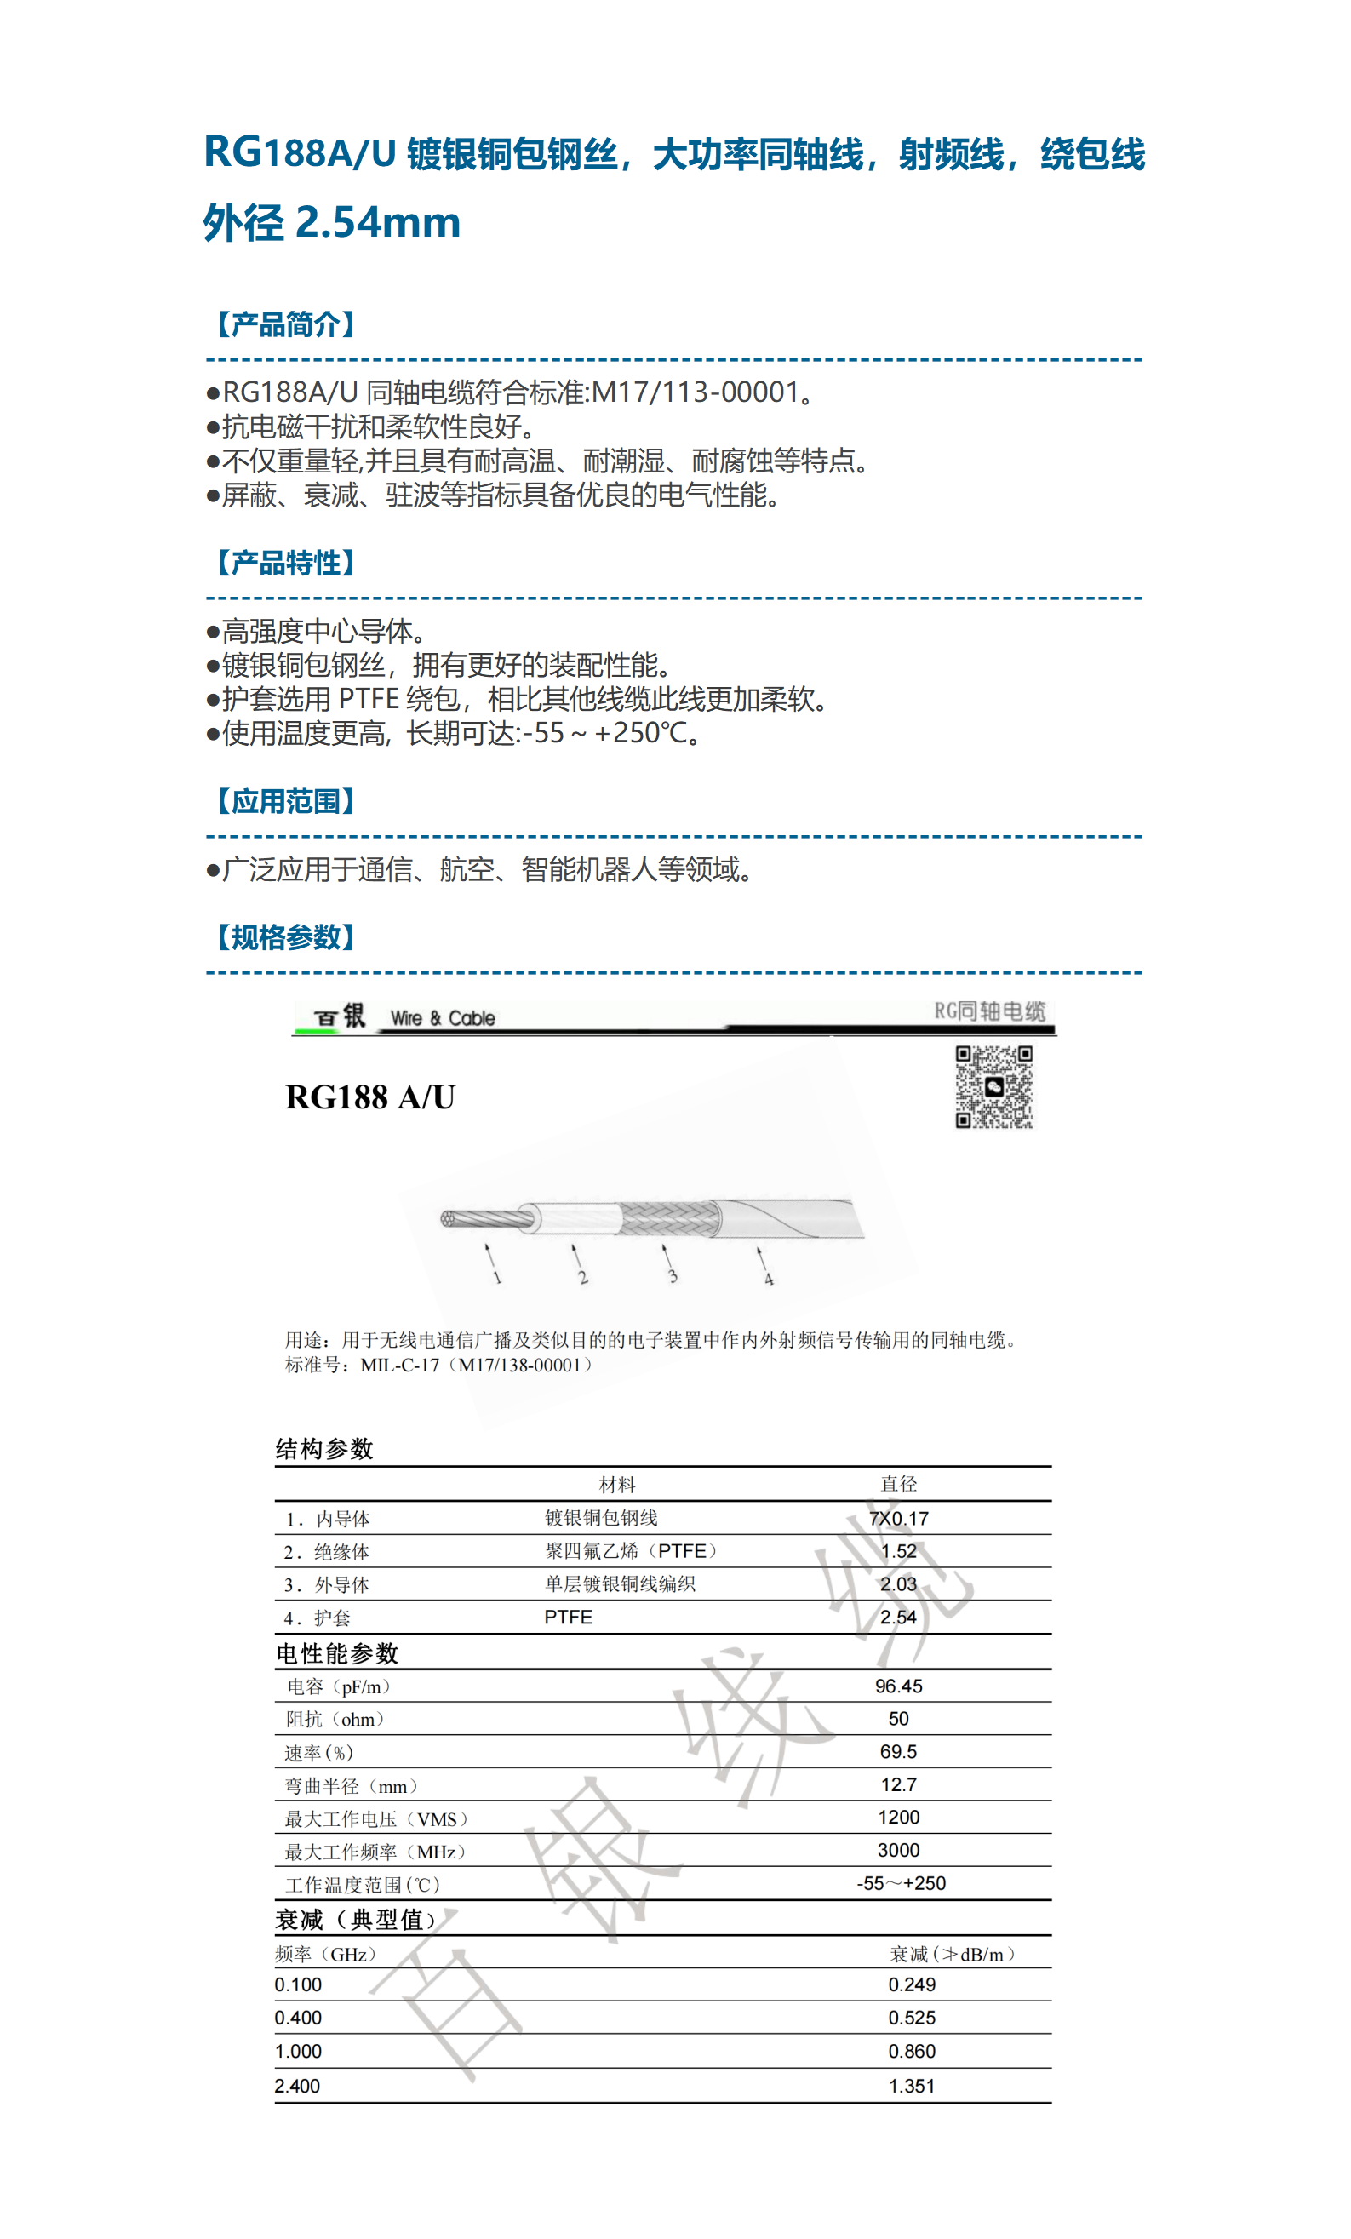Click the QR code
point(993,1087)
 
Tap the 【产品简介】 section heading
point(285,324)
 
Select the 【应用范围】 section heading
point(285,800)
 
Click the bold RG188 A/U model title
point(369,1097)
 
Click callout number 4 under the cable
point(769,1280)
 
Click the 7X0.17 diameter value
point(897,1519)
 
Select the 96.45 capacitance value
point(897,1686)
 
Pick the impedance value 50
point(897,1718)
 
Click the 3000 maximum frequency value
point(897,1850)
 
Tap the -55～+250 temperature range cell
point(901,1883)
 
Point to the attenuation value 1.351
point(911,2086)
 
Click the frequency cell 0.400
point(298,2018)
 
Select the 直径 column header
point(897,1484)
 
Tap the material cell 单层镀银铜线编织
point(620,1583)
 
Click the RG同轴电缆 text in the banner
point(989,1011)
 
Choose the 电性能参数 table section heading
point(337,1653)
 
